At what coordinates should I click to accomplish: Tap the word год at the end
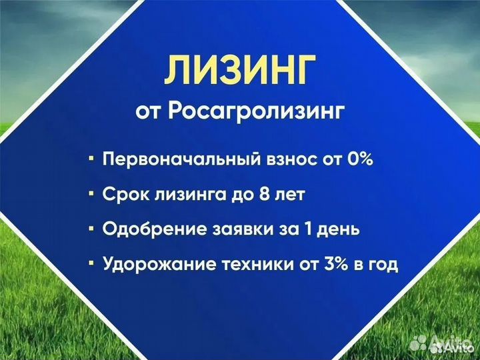pos(381,265)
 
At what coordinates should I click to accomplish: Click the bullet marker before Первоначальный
pos(91,160)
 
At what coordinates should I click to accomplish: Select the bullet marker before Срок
pos(91,195)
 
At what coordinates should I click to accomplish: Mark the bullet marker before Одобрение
pos(91,229)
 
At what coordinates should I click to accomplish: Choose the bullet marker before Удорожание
pos(91,265)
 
